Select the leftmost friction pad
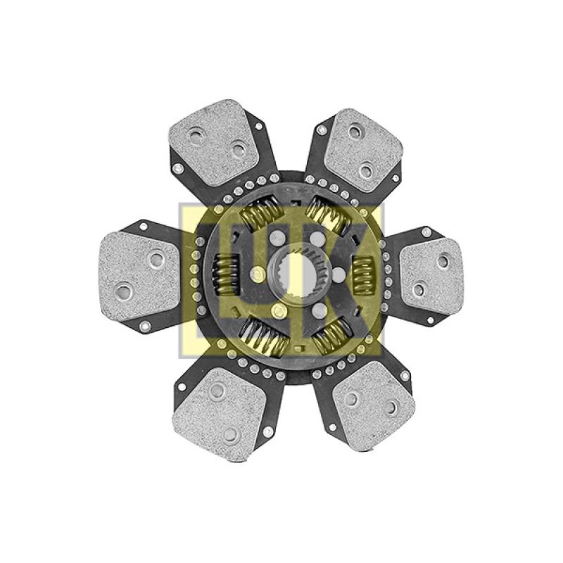pyautogui.click(x=139, y=276)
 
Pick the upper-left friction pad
pyautogui.click(x=213, y=143)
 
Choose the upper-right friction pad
pyautogui.click(x=363, y=150)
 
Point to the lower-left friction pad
pyautogui.click(x=219, y=414)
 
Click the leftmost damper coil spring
pyautogui.click(x=226, y=274)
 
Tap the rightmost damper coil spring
pyautogui.click(x=363, y=274)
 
